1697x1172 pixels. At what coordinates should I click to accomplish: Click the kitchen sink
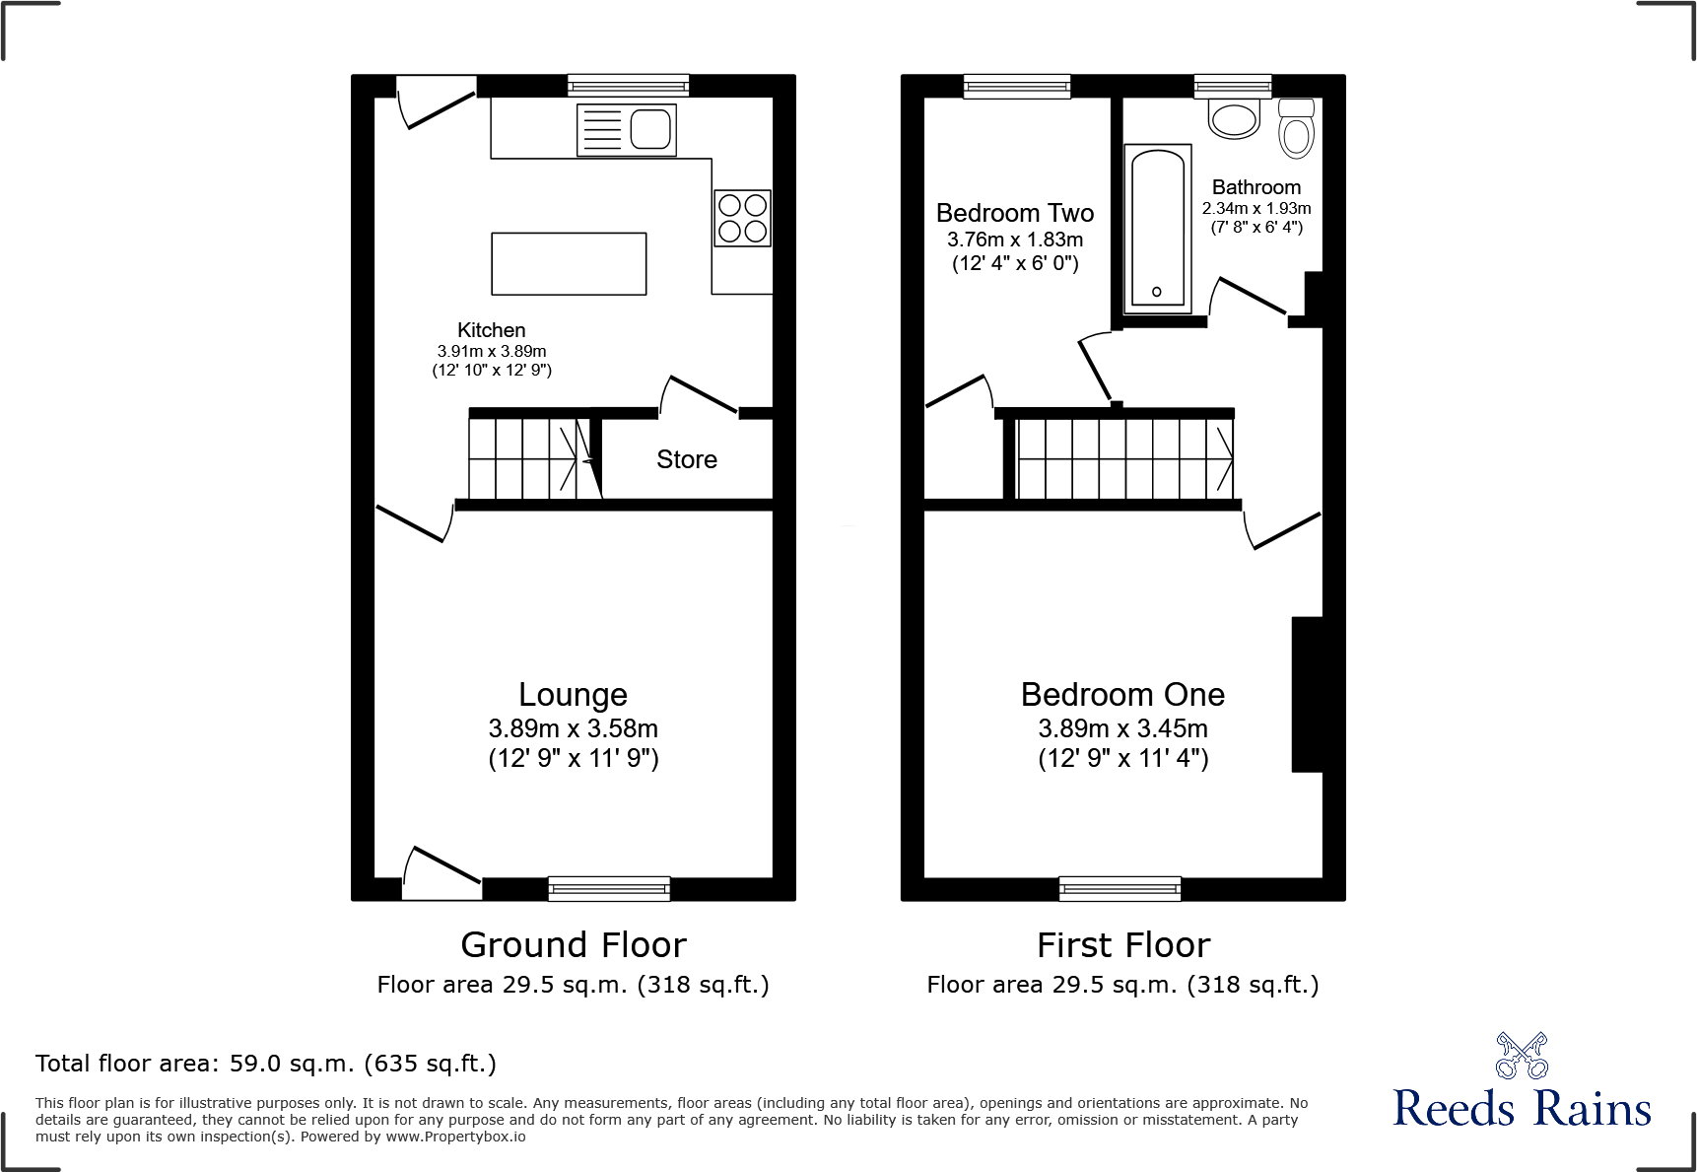tap(627, 129)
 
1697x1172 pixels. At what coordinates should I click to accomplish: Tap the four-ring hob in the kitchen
tap(742, 218)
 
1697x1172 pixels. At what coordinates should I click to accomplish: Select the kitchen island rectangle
tap(569, 263)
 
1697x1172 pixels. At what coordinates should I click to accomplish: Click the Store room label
tap(687, 459)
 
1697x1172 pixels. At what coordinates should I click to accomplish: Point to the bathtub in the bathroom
tap(1158, 229)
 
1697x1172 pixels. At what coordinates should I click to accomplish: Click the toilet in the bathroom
tap(1296, 129)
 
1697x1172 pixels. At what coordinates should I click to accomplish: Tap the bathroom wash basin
tap(1234, 119)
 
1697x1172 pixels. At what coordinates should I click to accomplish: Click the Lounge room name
tap(573, 694)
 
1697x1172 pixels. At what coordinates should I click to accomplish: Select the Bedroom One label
tap(1122, 694)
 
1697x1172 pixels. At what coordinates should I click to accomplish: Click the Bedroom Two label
tap(1015, 213)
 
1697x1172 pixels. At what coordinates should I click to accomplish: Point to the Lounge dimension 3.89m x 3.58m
tap(573, 728)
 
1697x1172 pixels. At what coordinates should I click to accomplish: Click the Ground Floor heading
tap(573, 945)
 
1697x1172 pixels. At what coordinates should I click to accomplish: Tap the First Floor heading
tap(1122, 945)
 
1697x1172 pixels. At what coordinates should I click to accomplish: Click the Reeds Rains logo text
tap(1522, 1109)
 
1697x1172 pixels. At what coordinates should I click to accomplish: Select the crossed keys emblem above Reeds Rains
tap(1522, 1056)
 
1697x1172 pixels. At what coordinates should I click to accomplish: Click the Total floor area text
tap(265, 1064)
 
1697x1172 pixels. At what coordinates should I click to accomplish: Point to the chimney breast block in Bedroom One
tap(1307, 694)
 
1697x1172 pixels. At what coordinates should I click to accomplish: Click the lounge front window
tap(609, 888)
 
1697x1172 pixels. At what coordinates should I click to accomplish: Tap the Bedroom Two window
tap(1017, 87)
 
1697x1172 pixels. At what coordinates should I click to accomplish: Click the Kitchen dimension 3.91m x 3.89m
tap(492, 351)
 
